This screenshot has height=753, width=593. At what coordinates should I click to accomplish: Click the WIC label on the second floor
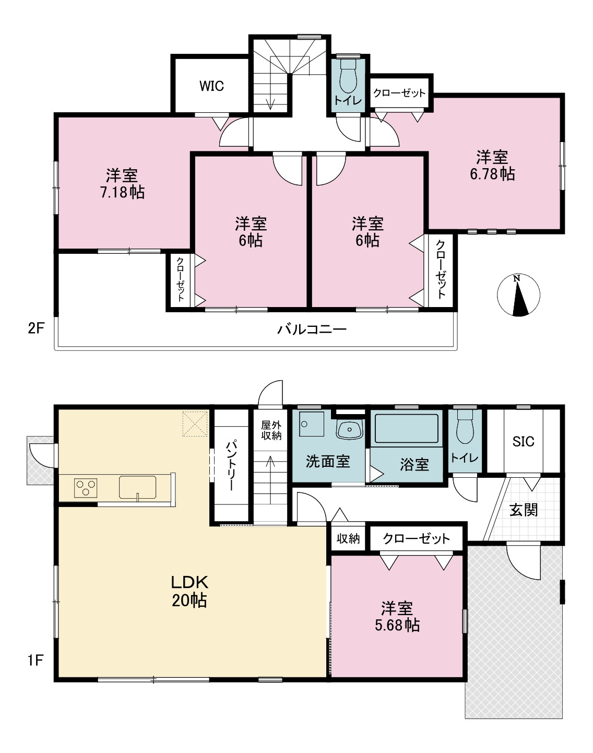211,86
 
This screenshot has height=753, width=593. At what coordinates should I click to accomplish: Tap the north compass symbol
518,295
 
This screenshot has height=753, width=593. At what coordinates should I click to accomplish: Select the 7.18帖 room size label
123,193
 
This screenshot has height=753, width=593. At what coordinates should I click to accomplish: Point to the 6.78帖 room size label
492,174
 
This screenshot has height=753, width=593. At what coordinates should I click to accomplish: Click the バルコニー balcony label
312,330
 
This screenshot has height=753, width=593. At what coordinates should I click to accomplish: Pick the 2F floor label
36,328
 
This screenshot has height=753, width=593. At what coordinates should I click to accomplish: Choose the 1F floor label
35,660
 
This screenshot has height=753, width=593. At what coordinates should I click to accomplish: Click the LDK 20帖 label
189,591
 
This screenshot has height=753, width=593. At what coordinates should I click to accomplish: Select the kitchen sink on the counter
137,487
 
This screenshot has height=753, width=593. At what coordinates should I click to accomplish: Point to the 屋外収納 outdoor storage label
271,430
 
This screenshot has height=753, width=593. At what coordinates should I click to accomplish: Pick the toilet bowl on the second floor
348,77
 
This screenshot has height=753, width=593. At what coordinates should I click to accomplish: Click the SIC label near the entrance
524,442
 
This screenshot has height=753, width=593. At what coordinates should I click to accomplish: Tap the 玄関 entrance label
524,510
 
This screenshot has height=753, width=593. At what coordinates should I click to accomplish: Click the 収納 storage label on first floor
348,539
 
